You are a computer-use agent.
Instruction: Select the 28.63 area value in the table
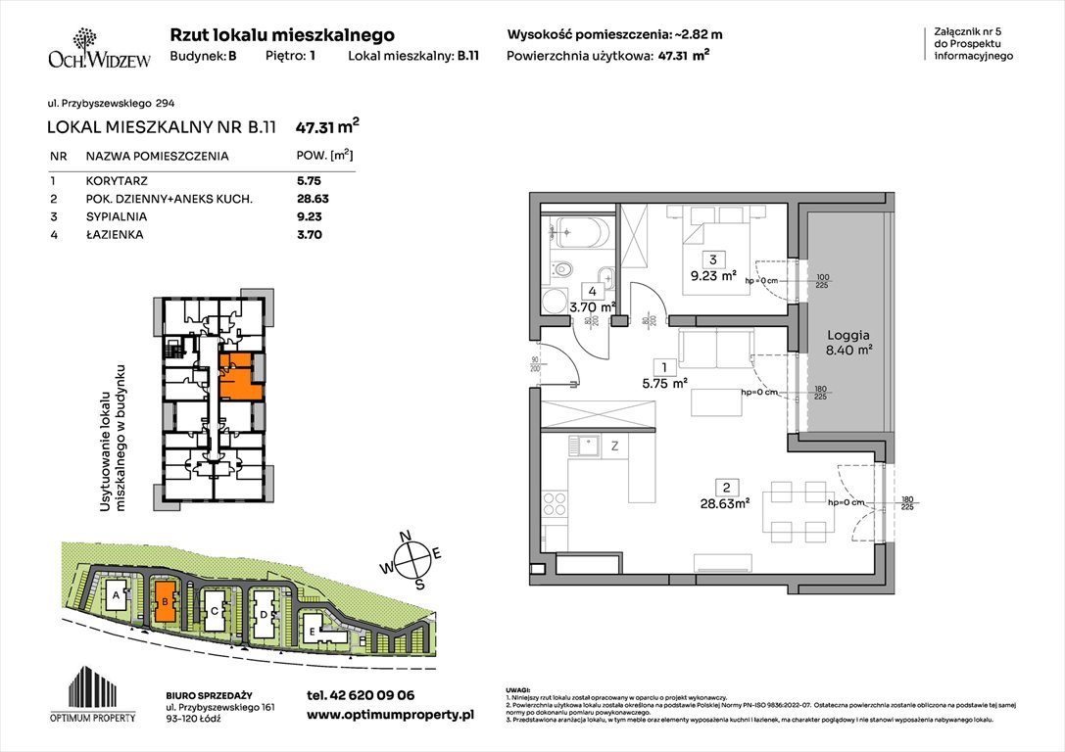(x=310, y=199)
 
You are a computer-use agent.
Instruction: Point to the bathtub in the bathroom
(x=578, y=235)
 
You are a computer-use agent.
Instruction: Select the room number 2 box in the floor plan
(x=727, y=487)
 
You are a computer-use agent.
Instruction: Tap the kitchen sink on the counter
(x=589, y=446)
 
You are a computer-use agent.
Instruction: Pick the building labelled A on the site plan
(x=117, y=594)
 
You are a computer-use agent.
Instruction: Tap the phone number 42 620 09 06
(x=361, y=694)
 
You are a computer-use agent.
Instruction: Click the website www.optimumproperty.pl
(x=390, y=715)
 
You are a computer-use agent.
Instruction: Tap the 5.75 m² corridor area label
(x=665, y=384)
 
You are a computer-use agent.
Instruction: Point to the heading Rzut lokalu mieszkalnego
(x=282, y=34)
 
